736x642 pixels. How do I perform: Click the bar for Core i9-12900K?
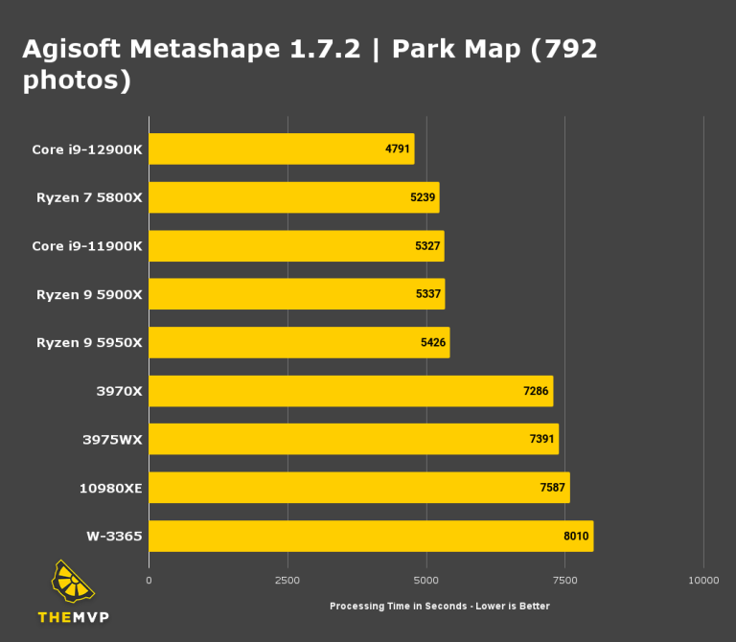click(281, 149)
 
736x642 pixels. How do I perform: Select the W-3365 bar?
click(371, 537)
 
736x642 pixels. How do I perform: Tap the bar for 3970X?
click(351, 391)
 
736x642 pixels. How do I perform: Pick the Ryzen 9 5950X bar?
click(299, 342)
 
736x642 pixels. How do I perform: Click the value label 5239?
click(425, 197)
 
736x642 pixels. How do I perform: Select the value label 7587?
click(553, 488)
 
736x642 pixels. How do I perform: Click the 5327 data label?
click(428, 246)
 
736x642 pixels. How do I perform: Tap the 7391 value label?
click(541, 440)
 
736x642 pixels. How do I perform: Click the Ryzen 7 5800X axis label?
click(89, 197)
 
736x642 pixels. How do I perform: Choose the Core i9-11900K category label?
click(86, 246)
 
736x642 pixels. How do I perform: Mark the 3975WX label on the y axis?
click(112, 440)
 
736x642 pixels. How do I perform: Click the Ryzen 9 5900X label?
click(89, 294)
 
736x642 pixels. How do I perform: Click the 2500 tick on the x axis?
click(287, 581)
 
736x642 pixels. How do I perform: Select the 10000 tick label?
click(703, 581)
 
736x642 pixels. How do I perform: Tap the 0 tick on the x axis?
click(149, 581)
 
